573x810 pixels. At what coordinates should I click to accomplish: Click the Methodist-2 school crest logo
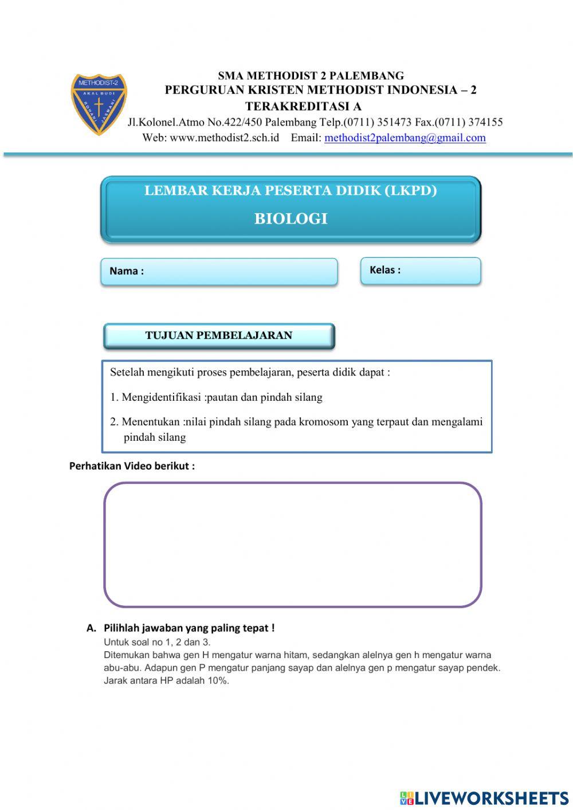tap(99, 104)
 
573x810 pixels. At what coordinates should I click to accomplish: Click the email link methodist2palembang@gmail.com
tap(405, 138)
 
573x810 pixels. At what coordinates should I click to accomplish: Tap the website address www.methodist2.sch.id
tap(224, 138)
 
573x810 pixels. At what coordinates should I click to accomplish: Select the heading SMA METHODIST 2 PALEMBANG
tap(311, 76)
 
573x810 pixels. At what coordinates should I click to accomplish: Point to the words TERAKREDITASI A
tap(303, 106)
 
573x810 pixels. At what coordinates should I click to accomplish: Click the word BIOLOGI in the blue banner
tap(291, 218)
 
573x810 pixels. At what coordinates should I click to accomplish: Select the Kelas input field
tap(438, 271)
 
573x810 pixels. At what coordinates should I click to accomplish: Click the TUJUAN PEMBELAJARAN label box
tap(219, 336)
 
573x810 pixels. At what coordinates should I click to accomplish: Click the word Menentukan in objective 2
tap(151, 422)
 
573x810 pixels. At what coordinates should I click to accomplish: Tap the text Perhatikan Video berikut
tap(132, 466)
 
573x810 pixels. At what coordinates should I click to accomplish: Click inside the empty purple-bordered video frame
tap(292, 545)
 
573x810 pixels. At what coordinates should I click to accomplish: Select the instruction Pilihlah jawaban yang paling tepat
tap(189, 628)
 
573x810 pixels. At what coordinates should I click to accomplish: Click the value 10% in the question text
tap(217, 681)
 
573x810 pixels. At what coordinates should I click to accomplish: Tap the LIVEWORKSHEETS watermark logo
tap(484, 797)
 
